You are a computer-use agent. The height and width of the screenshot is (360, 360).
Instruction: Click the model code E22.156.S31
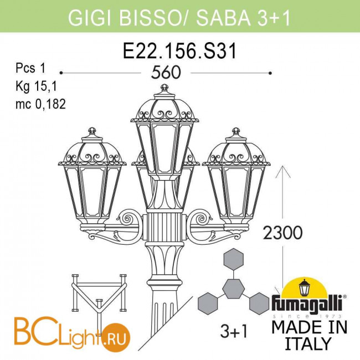click(179, 51)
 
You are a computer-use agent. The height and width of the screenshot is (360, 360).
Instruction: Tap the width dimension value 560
click(166, 73)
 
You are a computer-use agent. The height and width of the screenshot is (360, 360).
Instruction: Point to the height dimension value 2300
click(282, 233)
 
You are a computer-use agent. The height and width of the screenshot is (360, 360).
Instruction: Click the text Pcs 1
click(30, 68)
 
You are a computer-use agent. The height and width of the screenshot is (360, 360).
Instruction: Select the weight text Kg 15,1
click(36, 86)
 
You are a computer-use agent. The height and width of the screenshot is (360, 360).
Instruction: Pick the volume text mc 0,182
click(40, 104)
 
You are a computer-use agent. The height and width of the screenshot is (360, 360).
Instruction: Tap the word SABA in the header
click(223, 18)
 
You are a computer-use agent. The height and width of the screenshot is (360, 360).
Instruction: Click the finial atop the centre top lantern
click(164, 88)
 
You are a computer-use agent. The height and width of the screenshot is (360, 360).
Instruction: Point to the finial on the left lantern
click(92, 131)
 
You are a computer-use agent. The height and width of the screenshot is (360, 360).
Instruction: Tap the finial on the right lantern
click(235, 132)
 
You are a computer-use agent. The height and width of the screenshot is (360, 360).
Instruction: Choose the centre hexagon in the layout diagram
click(234, 289)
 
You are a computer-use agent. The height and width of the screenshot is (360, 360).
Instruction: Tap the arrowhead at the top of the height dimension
click(283, 172)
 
